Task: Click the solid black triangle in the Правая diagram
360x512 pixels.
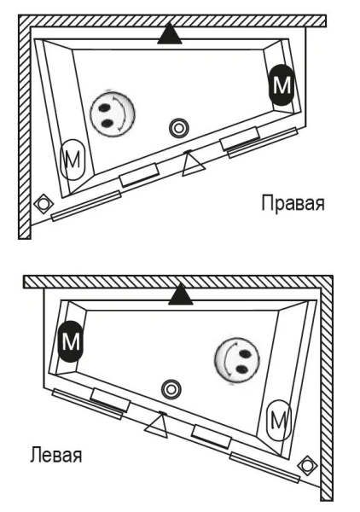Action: [x=170, y=34]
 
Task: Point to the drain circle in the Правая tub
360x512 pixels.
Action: [x=178, y=128]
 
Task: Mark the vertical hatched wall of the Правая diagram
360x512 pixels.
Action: [x=23, y=128]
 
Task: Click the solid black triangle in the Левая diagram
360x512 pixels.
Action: [x=178, y=294]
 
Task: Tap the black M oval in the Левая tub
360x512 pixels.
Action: [x=68, y=344]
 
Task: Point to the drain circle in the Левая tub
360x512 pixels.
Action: [x=171, y=388]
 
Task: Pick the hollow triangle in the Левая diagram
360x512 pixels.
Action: [x=155, y=423]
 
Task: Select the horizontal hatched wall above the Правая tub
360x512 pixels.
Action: [x=171, y=20]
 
